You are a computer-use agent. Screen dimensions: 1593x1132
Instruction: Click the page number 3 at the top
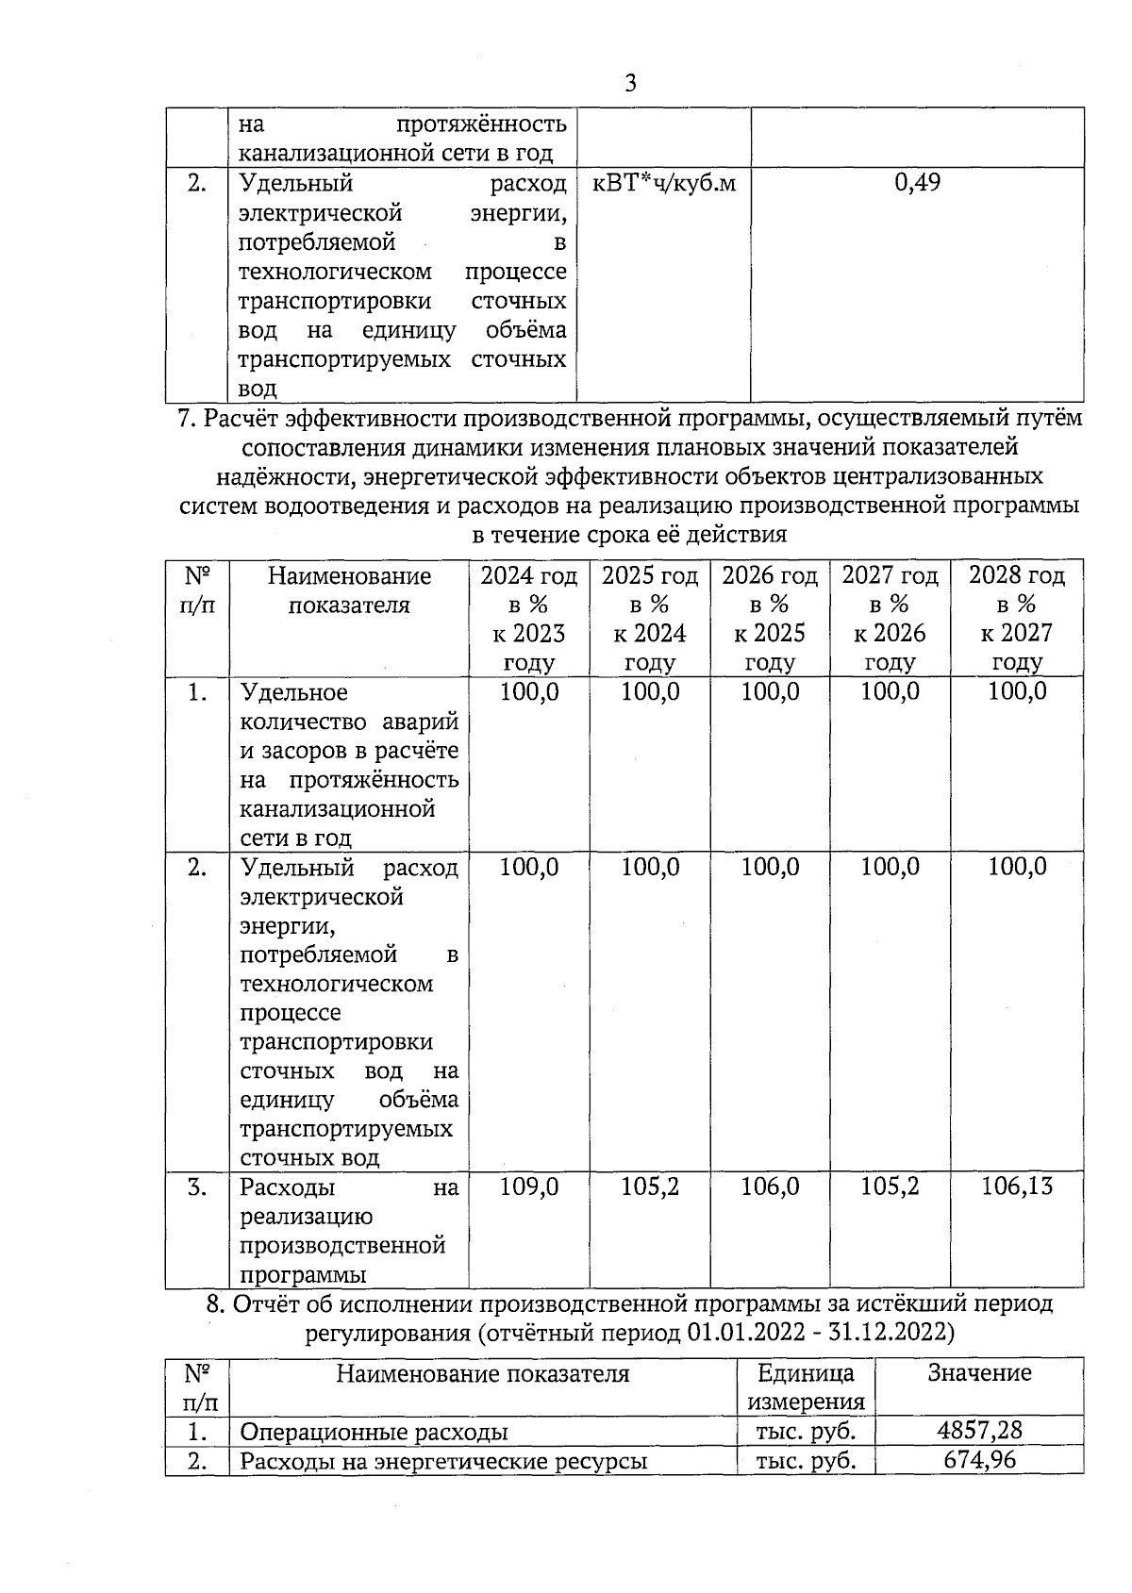(x=630, y=84)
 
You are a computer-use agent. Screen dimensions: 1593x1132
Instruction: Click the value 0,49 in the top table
(x=917, y=183)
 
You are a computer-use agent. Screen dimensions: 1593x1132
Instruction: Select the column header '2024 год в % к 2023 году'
(x=528, y=619)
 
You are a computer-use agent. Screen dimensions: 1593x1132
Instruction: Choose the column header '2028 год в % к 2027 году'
(x=1016, y=619)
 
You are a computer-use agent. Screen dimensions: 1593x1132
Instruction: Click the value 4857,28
(x=979, y=1431)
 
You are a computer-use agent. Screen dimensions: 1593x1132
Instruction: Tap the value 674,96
(x=979, y=1461)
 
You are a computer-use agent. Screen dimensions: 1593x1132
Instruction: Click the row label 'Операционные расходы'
(x=375, y=1432)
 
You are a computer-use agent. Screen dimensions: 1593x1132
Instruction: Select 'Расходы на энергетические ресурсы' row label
(x=443, y=1462)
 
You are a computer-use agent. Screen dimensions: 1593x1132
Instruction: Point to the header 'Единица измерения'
(x=806, y=1387)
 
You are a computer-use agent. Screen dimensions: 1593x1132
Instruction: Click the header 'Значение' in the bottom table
(x=979, y=1373)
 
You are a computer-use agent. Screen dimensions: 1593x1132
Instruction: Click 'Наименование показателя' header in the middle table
(x=349, y=590)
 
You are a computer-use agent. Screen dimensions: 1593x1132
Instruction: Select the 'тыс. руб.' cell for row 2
(x=806, y=1462)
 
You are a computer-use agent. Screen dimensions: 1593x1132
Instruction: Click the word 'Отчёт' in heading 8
(x=266, y=1304)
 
